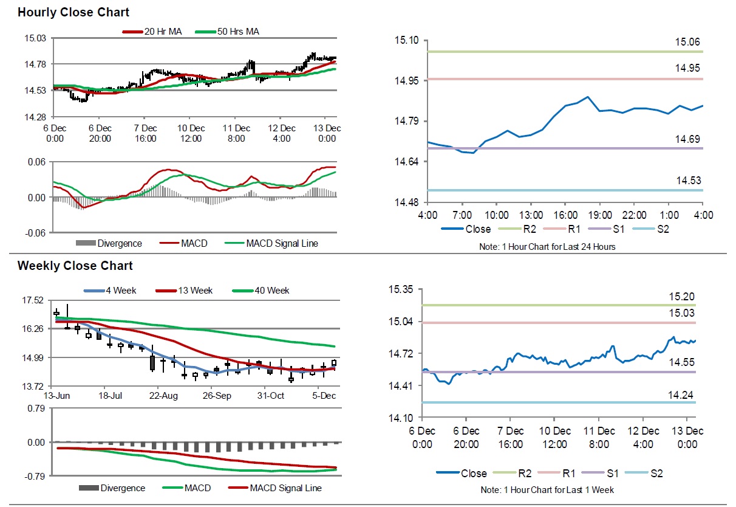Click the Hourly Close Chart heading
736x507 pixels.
tap(73, 12)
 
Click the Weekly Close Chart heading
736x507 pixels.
tap(75, 266)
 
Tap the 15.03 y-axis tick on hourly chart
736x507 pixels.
tap(35, 38)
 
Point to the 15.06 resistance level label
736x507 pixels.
tap(688, 42)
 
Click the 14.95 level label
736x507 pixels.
tap(688, 68)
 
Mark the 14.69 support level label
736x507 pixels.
tap(688, 139)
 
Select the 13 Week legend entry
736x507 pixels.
tap(192, 291)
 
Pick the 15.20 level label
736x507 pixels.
tap(681, 296)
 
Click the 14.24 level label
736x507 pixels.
tap(681, 395)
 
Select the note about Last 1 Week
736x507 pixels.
tap(547, 489)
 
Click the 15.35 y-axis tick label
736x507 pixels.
tap(401, 289)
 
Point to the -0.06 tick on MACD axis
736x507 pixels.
tap(35, 233)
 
